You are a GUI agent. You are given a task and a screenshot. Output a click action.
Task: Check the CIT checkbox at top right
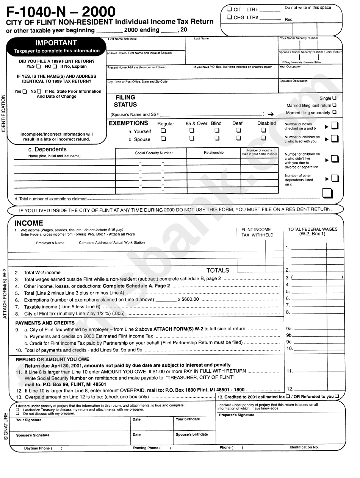click(x=229, y=9)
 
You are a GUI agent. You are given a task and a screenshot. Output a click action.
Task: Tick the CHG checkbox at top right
click(x=229, y=17)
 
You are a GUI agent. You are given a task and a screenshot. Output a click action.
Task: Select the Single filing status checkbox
click(x=334, y=98)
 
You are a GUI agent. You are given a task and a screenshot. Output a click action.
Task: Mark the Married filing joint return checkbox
click(x=334, y=105)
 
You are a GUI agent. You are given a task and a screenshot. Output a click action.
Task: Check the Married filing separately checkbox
click(x=334, y=112)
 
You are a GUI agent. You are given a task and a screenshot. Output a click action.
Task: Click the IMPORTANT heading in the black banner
click(x=56, y=43)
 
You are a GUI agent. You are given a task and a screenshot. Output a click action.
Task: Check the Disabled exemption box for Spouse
click(x=263, y=138)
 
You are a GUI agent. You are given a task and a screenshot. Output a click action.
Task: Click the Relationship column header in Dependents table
click(x=214, y=153)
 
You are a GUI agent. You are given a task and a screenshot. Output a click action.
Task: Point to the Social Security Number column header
click(x=154, y=153)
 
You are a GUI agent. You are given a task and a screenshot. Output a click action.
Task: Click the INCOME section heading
click(x=29, y=223)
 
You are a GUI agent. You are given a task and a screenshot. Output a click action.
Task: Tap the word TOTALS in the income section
click(x=218, y=270)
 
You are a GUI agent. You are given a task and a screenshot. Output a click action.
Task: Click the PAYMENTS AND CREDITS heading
click(x=45, y=323)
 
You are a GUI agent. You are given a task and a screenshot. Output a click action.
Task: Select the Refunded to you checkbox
click(x=337, y=396)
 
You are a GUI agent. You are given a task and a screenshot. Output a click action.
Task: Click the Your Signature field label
click(x=29, y=420)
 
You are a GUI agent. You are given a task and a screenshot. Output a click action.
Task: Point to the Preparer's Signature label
click(x=236, y=415)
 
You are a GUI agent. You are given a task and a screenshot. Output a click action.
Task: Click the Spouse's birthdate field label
click(x=192, y=434)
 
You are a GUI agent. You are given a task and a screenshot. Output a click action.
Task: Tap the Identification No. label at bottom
click(x=304, y=447)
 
